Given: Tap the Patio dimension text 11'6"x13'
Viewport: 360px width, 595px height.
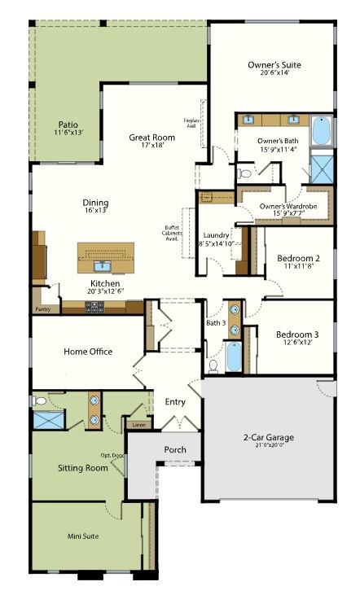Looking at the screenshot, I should [x=68, y=132].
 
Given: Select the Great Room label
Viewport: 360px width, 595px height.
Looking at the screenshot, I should [x=152, y=138].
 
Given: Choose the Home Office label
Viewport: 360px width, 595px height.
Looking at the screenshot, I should [x=88, y=352].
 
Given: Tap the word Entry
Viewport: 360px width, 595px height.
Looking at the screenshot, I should [x=175, y=402].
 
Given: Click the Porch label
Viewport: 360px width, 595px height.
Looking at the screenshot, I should [x=175, y=449].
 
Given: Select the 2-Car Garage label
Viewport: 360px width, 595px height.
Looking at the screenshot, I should [x=269, y=438].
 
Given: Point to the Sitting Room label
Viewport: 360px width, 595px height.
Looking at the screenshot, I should [x=82, y=468].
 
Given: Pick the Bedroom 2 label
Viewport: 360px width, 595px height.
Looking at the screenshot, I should [x=292, y=258].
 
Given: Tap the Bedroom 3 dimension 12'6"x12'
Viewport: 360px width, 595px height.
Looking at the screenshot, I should [x=296, y=343].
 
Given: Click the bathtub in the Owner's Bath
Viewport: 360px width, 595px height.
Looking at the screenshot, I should [x=322, y=132].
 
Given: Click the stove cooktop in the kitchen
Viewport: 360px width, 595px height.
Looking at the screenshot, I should [x=94, y=307].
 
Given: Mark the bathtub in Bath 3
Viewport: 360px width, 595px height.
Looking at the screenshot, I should [x=234, y=357].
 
